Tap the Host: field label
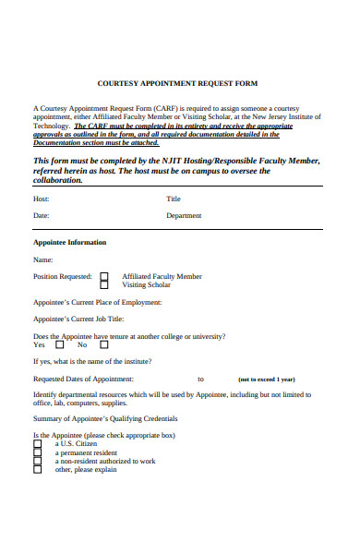tap(42, 199)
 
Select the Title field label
tap(174, 199)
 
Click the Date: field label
tap(42, 215)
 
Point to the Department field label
tap(184, 215)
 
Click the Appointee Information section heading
tap(69, 242)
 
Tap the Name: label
tap(43, 259)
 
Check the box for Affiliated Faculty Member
tap(104, 276)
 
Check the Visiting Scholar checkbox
tap(104, 285)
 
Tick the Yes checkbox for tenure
tap(59, 344)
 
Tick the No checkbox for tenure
tap(102, 344)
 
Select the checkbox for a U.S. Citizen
tap(38, 444)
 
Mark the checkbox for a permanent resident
tap(38, 452)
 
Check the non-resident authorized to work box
tap(38, 461)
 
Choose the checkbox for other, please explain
tap(38, 469)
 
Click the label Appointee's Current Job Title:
tap(78, 319)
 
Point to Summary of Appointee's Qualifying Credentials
tap(104, 420)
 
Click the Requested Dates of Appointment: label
tap(83, 379)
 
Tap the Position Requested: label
tap(62, 276)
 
